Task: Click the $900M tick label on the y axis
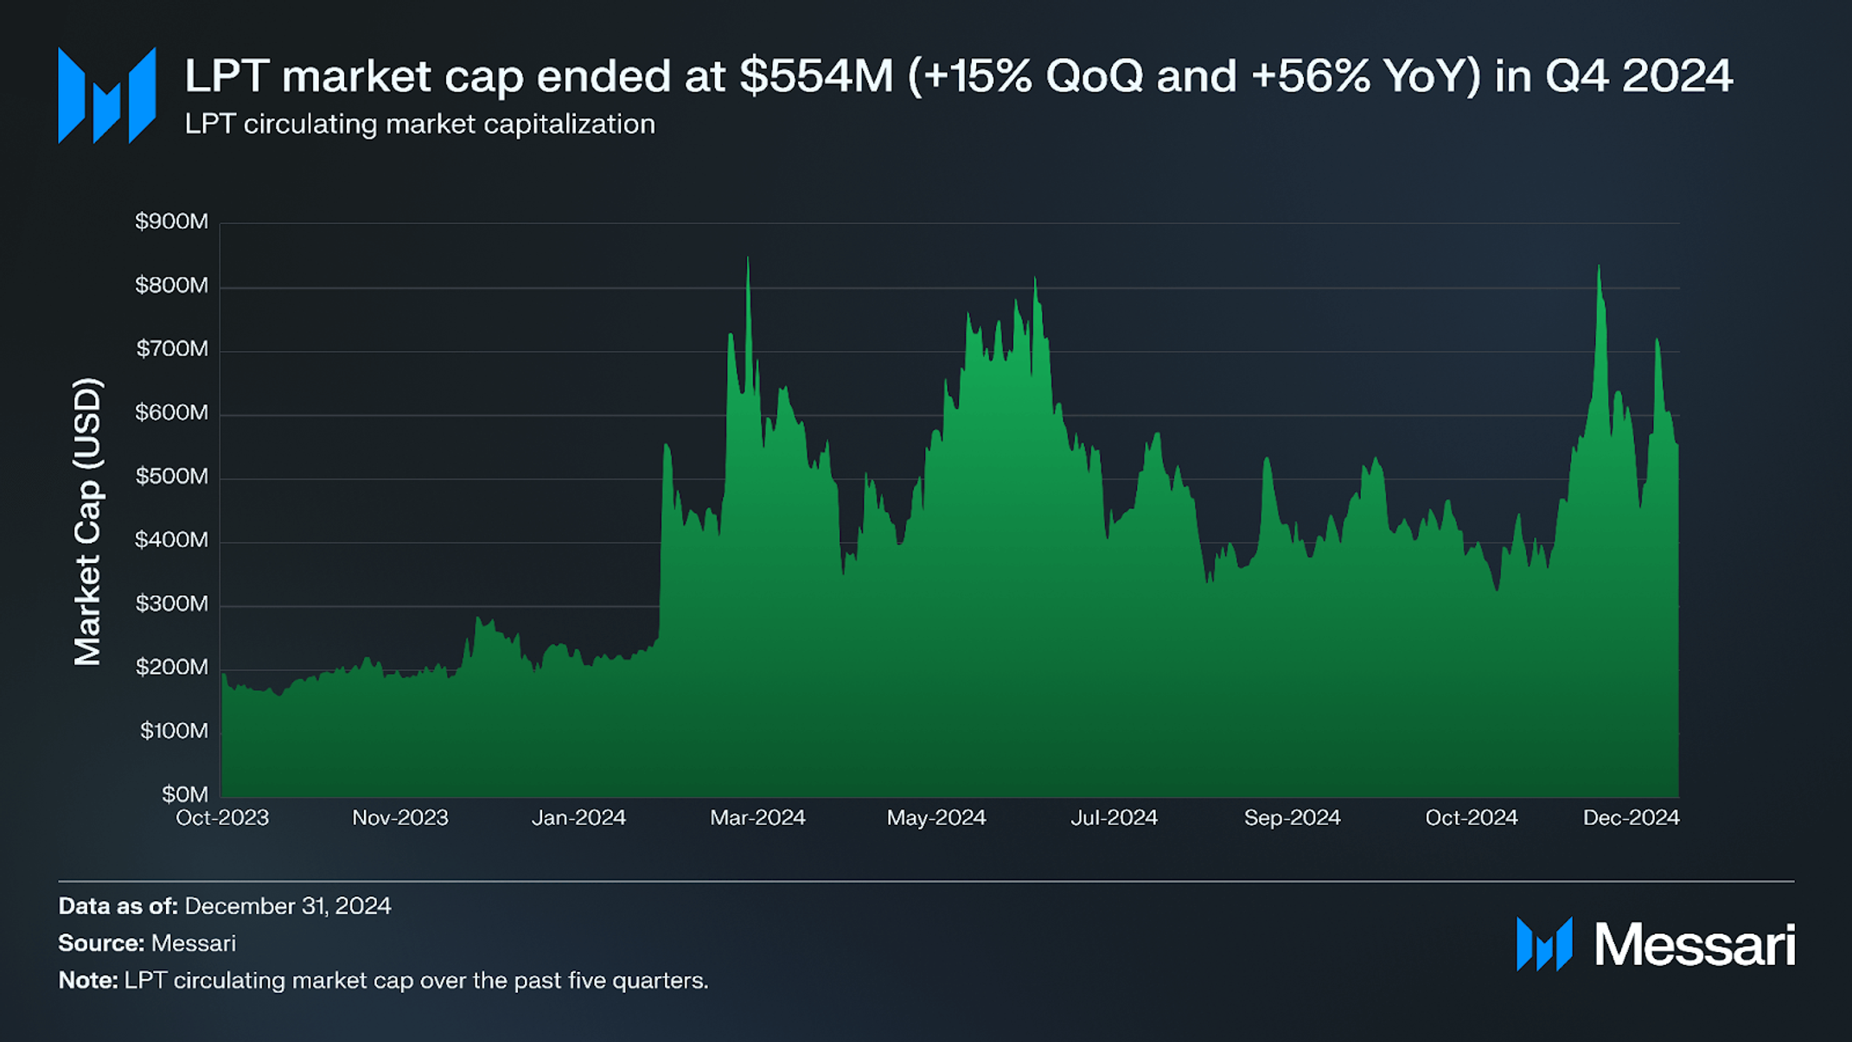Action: pyautogui.click(x=171, y=221)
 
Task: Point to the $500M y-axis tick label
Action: pyautogui.click(x=171, y=476)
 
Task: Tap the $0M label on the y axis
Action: pyautogui.click(x=185, y=794)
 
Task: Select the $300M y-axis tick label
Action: pyautogui.click(x=171, y=604)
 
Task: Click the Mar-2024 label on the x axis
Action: pyautogui.click(x=757, y=818)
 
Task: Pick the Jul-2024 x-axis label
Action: pyautogui.click(x=1114, y=818)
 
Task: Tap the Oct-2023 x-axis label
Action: pyautogui.click(x=222, y=818)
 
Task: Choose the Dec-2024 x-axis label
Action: pyautogui.click(x=1631, y=818)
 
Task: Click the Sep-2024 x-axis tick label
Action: pyautogui.click(x=1292, y=818)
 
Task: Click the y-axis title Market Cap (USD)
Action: pyautogui.click(x=87, y=521)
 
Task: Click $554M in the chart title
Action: pyautogui.click(x=815, y=76)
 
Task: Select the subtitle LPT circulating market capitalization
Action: pyautogui.click(x=419, y=125)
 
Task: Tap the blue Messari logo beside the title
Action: pyautogui.click(x=106, y=95)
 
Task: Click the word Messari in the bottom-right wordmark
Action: pyautogui.click(x=1694, y=944)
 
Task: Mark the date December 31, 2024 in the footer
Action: pyautogui.click(x=287, y=906)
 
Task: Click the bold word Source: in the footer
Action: pyautogui.click(x=101, y=943)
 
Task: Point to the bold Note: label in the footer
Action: pyautogui.click(x=87, y=981)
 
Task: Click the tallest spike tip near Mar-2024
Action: pyautogui.click(x=748, y=259)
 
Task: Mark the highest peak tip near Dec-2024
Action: pyautogui.click(x=1599, y=267)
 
